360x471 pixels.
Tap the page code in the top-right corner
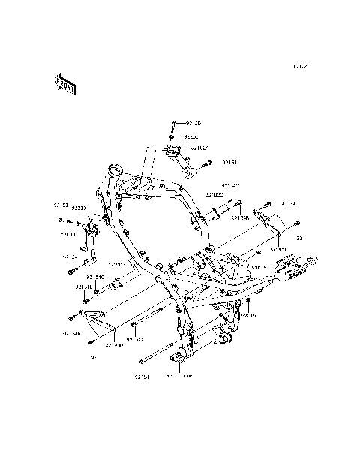point(300,66)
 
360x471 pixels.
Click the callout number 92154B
point(240,218)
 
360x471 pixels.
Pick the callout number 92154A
point(136,340)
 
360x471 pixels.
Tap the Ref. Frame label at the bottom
point(178,376)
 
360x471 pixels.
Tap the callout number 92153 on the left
point(61,205)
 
